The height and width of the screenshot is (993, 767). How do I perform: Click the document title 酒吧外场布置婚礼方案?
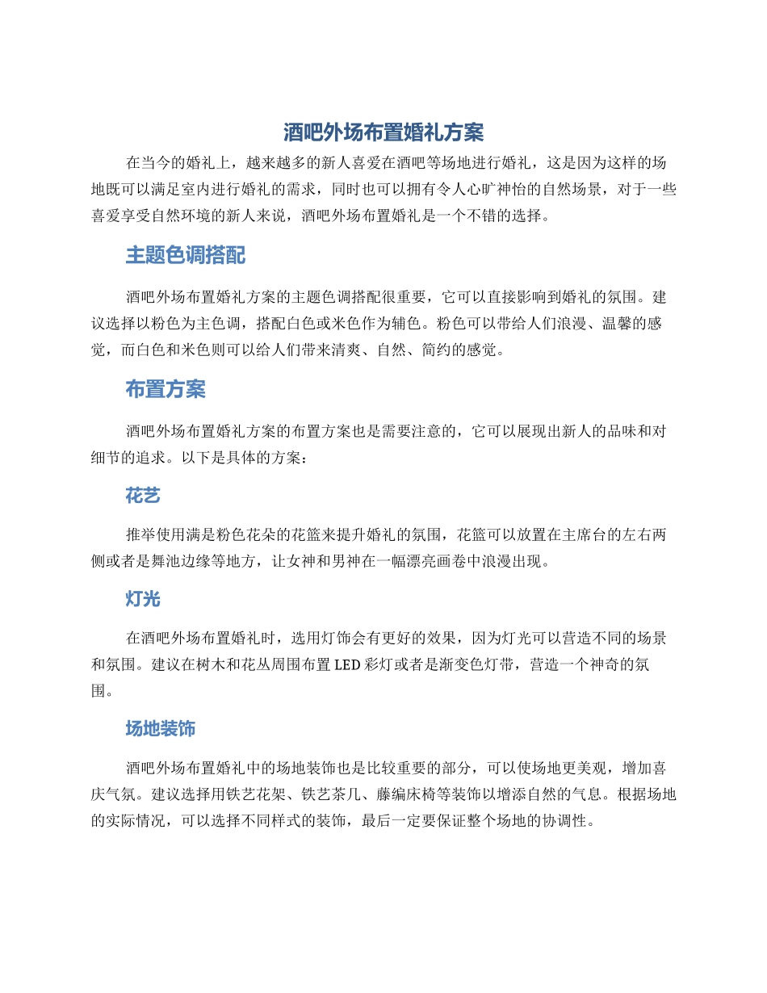(x=383, y=132)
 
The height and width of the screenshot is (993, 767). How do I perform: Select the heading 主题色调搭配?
(x=185, y=256)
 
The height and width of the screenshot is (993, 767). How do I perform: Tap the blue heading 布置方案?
(x=165, y=390)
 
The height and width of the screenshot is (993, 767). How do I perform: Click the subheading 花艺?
(x=143, y=496)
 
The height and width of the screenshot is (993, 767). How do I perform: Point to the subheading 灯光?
(x=143, y=599)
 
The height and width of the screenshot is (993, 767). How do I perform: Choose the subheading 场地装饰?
(x=160, y=729)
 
